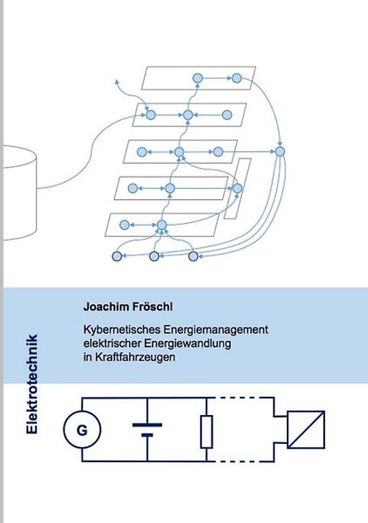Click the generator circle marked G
82,430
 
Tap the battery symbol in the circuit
147,429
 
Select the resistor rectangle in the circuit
207,431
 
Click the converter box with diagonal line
306,430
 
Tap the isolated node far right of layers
280,152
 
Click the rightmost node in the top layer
236,78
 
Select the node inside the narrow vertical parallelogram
238,188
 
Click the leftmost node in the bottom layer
125,226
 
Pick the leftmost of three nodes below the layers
117,256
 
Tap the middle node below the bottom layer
155,256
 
